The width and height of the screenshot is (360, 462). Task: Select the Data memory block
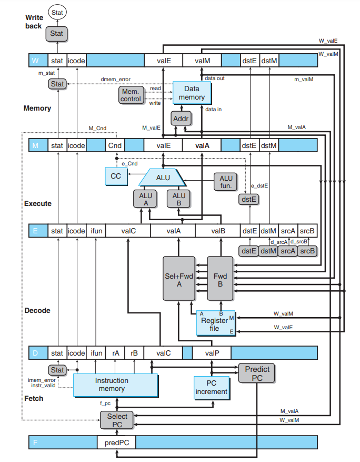pos(192,93)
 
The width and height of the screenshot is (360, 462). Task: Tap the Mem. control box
pos(131,95)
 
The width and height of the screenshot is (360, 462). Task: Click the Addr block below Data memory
pos(181,119)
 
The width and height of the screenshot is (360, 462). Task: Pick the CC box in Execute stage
pos(116,176)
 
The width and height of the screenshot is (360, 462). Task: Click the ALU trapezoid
pos(163,178)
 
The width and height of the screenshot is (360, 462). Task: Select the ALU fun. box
pos(226,182)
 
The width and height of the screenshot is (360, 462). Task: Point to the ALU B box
pos(179,199)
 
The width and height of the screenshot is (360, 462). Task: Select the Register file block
pos(215,323)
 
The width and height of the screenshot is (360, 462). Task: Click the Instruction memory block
pos(115,385)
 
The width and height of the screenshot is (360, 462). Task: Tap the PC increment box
pos(212,387)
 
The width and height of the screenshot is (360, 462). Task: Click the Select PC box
pos(117,420)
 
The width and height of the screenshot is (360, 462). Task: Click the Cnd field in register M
pos(115,145)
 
